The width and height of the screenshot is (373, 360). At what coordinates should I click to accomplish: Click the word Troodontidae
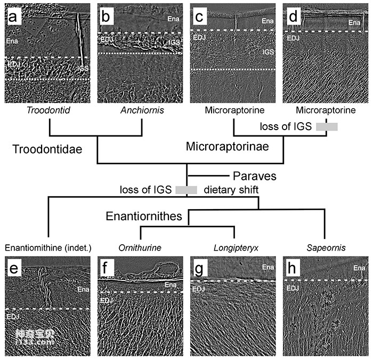pyautogui.click(x=47, y=150)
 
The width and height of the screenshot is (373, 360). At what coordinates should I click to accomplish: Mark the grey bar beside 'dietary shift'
pyautogui.click(x=186, y=189)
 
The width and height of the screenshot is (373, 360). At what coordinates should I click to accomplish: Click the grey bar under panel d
pyautogui.click(x=327, y=126)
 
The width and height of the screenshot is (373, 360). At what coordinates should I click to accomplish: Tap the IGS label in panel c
pyautogui.click(x=267, y=52)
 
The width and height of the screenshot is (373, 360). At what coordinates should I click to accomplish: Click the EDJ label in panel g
pyautogui.click(x=198, y=289)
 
